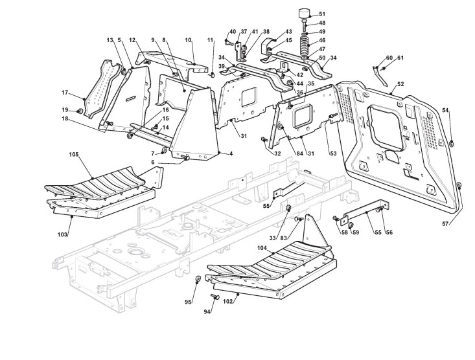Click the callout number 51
[322, 14]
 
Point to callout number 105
[73, 155]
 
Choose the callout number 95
[189, 302]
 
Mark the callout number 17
[65, 92]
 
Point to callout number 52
[400, 84]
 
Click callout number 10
[189, 40]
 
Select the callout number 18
[65, 118]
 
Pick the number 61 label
[400, 58]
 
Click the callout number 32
[277, 153]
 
